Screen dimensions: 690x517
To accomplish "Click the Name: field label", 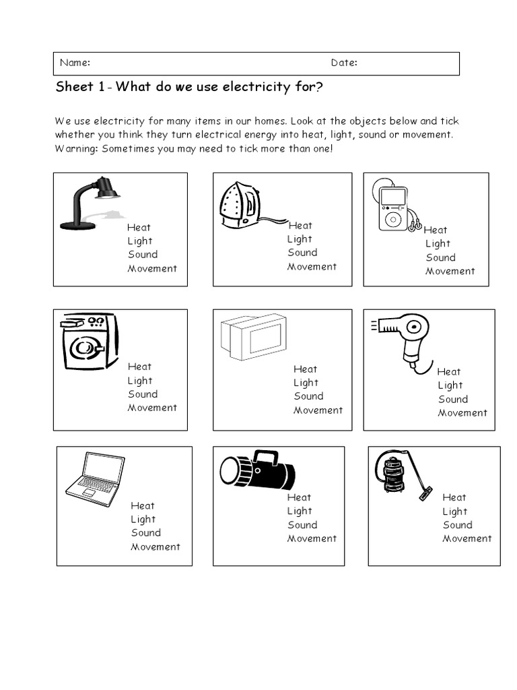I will [x=75, y=63].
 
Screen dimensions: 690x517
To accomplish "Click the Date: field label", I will [x=344, y=63].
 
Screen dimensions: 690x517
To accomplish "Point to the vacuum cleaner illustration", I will [x=401, y=476].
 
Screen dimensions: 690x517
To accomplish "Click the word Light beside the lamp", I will [x=140, y=241].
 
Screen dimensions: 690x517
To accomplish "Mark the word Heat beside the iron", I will [x=300, y=226].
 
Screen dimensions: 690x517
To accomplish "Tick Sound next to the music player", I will [x=440, y=257].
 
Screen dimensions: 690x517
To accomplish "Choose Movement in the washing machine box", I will [x=152, y=408].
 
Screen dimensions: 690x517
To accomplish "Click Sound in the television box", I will [x=308, y=396].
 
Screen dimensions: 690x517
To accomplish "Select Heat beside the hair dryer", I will [x=449, y=372].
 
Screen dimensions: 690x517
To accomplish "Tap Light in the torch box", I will [x=300, y=511].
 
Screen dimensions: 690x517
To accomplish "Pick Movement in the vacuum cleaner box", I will [x=467, y=538].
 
